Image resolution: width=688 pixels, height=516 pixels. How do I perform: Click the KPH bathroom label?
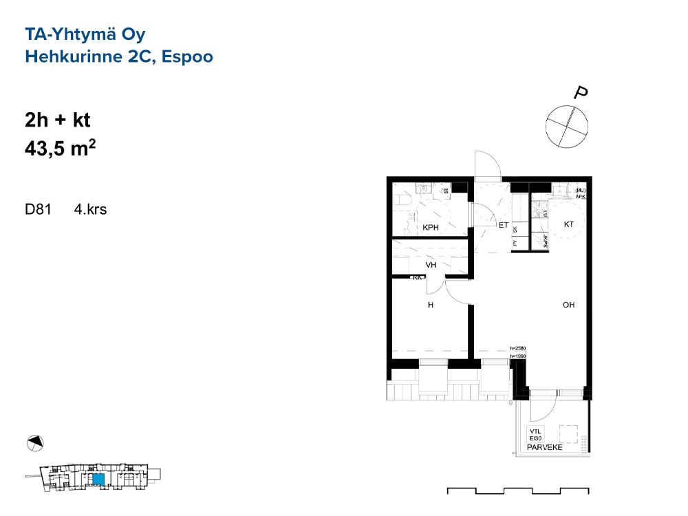click(x=431, y=228)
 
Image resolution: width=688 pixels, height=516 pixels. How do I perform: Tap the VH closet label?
click(x=431, y=265)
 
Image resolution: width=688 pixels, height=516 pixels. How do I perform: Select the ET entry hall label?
click(x=503, y=225)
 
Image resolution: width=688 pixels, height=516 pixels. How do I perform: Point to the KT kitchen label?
click(x=568, y=224)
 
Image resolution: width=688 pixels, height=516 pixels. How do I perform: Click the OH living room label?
click(x=568, y=305)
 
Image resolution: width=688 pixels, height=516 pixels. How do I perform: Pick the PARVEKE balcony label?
click(x=544, y=448)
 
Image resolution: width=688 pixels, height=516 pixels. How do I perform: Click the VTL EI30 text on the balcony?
click(x=537, y=433)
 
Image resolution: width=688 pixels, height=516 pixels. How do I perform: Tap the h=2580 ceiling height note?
click(x=518, y=348)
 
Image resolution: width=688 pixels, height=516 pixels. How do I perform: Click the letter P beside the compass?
click(x=583, y=92)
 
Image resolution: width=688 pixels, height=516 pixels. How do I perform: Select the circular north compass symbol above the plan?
click(x=567, y=125)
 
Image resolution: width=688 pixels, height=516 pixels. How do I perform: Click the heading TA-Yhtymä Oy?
click(x=85, y=34)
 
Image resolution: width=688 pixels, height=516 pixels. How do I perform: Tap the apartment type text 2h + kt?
click(x=58, y=120)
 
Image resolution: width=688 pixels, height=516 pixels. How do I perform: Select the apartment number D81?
click(x=39, y=210)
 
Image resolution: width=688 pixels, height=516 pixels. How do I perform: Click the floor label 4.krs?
click(x=91, y=210)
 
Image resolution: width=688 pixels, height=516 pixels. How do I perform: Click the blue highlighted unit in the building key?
click(x=98, y=479)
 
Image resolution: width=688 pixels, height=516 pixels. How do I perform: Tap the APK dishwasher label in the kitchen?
click(x=580, y=195)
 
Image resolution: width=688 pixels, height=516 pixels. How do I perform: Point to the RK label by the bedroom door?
click(x=417, y=278)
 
